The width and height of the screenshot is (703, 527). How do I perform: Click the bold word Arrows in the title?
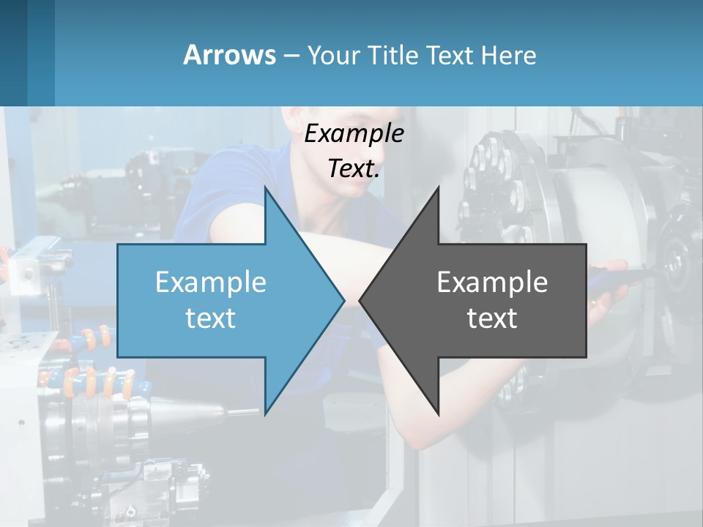click(229, 55)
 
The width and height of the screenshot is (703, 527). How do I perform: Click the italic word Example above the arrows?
click(354, 133)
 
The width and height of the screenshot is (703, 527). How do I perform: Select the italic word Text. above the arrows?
click(354, 168)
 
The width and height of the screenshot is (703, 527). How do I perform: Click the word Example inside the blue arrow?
click(211, 282)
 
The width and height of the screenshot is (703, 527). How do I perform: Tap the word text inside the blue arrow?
click(211, 318)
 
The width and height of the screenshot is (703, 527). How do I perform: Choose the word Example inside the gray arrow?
click(492, 282)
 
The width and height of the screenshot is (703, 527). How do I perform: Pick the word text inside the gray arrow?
click(492, 318)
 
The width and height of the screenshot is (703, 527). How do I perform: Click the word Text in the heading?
click(450, 55)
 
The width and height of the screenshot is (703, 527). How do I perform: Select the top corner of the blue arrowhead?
click(266, 187)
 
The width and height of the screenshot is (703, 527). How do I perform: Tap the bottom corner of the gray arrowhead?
click(438, 414)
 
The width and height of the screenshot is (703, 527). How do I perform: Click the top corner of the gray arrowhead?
click(438, 187)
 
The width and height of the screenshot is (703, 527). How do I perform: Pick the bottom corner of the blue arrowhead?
click(266, 414)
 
